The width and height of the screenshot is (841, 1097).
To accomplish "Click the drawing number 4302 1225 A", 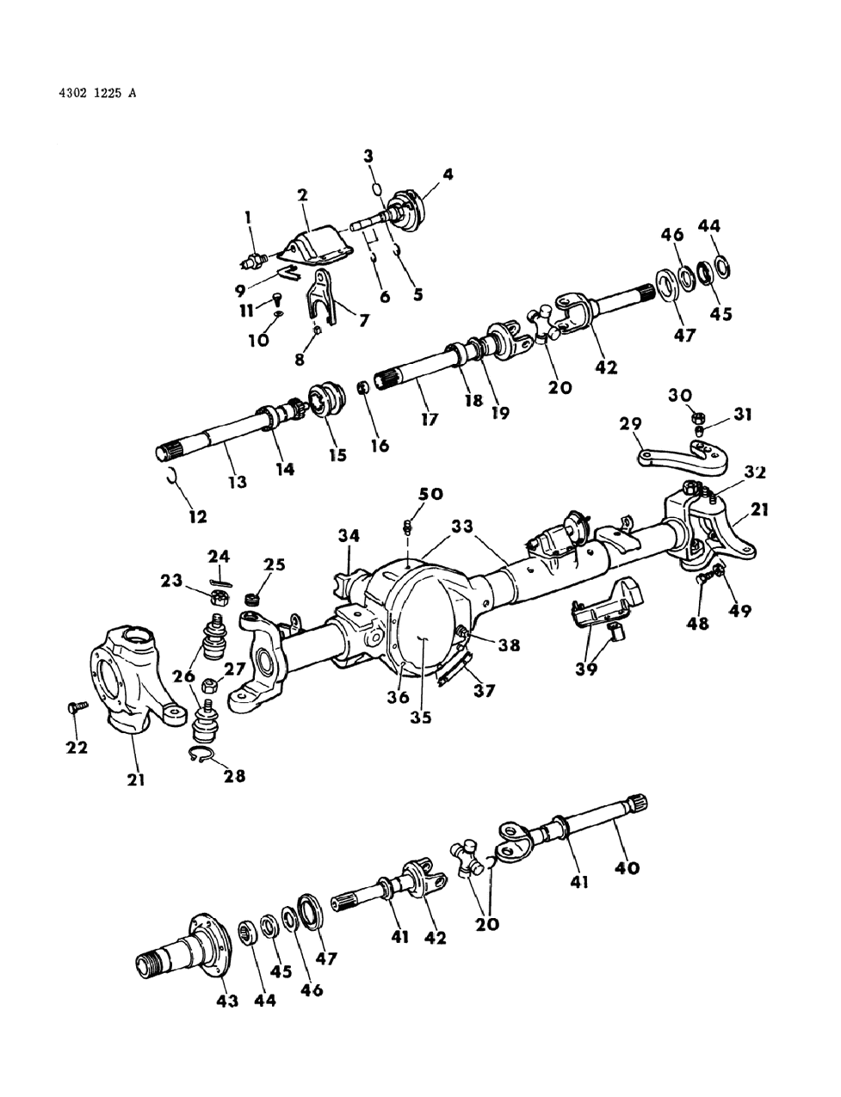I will click(87, 91).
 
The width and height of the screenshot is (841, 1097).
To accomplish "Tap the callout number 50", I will click(430, 493).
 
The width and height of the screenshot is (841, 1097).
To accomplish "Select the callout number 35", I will click(421, 716).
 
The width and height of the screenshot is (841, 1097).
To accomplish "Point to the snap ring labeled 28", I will click(203, 755).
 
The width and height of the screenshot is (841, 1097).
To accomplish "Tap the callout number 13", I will click(238, 483).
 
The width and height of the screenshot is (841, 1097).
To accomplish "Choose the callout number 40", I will click(627, 868).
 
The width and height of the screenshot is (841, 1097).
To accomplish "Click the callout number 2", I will click(303, 195).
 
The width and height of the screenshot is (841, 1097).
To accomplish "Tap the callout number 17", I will click(430, 420).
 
